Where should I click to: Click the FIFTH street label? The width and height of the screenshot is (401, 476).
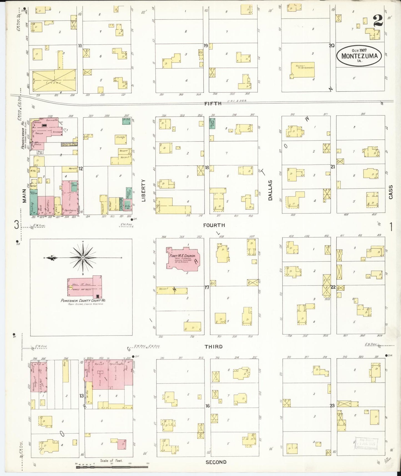coord(213,104)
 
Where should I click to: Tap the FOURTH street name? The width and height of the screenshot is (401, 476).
coord(214,225)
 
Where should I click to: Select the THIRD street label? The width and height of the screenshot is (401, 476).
coord(213,347)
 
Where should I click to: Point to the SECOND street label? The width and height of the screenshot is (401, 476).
coord(216,462)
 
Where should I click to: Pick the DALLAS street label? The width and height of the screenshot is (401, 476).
coord(270,190)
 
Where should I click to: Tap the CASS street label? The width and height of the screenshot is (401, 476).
coord(391,192)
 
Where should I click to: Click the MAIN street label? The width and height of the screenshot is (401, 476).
coord(24,196)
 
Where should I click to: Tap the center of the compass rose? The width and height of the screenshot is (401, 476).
coord(83,258)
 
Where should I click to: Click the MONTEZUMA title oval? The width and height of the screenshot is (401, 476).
coord(359,56)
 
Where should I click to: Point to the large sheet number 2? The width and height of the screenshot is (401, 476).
coord(378,20)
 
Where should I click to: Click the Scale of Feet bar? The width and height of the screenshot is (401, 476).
coord(112,467)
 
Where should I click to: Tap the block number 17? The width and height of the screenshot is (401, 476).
coord(207,287)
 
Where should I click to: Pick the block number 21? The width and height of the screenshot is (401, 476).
coord(333,167)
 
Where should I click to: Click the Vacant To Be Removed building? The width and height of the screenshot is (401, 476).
coord(303,69)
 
